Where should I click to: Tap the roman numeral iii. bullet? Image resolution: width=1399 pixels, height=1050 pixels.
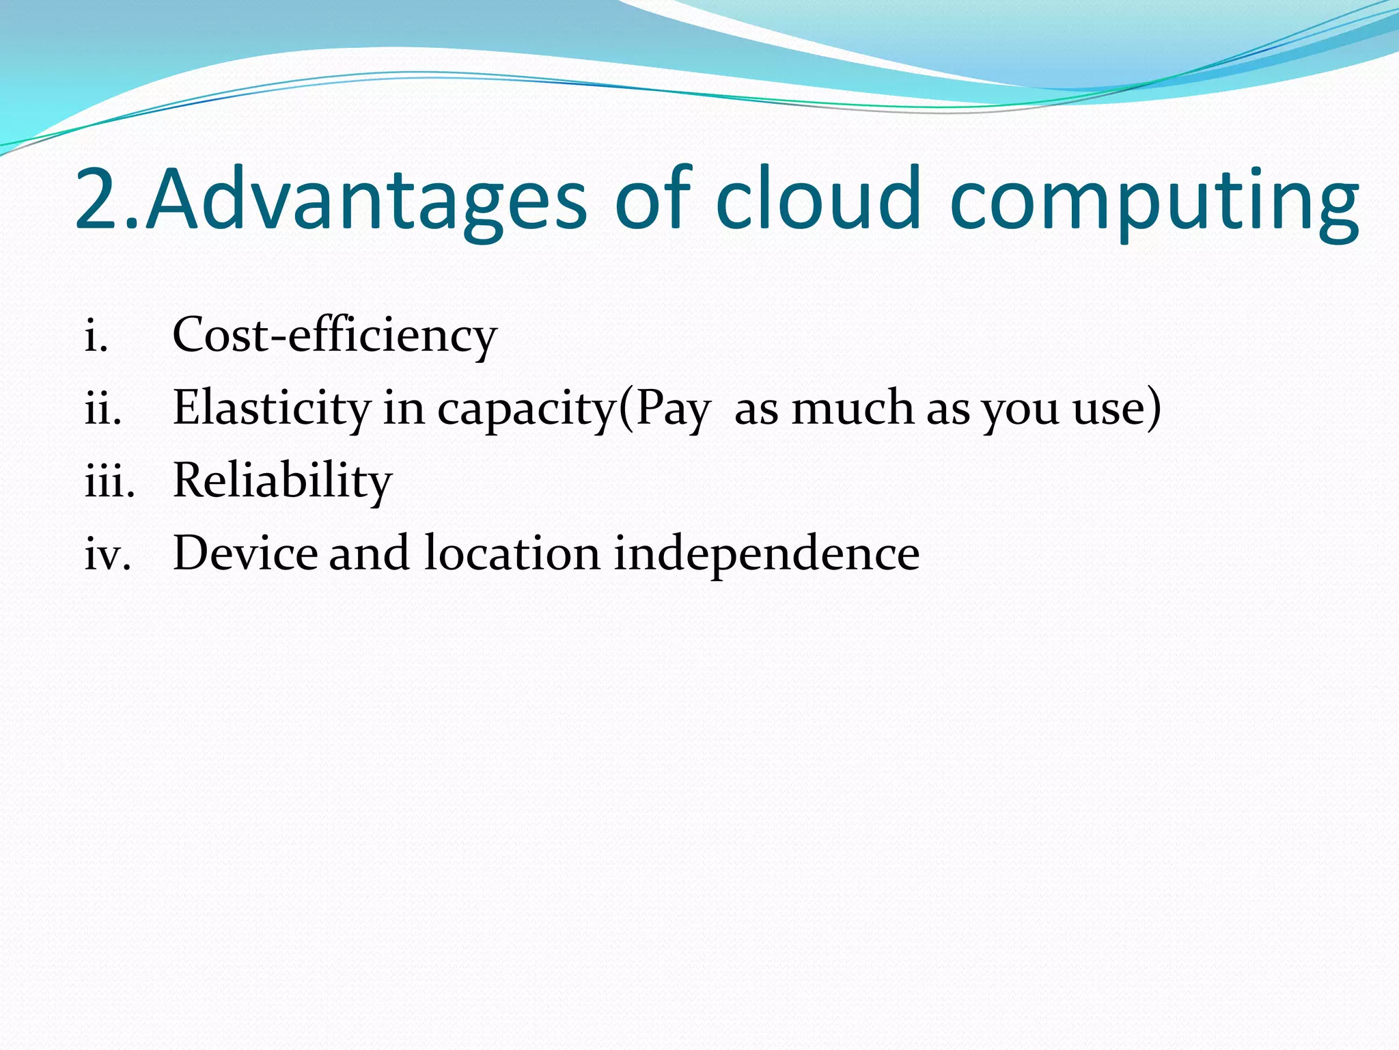coord(109,481)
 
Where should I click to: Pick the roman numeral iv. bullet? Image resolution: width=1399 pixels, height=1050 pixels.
coord(107,554)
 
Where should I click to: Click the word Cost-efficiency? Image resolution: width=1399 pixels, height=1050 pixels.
coord(335,336)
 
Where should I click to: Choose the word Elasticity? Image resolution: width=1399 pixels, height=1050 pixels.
coord(271,409)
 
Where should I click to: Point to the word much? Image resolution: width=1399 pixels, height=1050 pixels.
coord(852,408)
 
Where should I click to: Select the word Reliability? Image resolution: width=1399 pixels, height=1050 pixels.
coord(282,481)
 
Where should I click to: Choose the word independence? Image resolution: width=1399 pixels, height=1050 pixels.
coord(766,554)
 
